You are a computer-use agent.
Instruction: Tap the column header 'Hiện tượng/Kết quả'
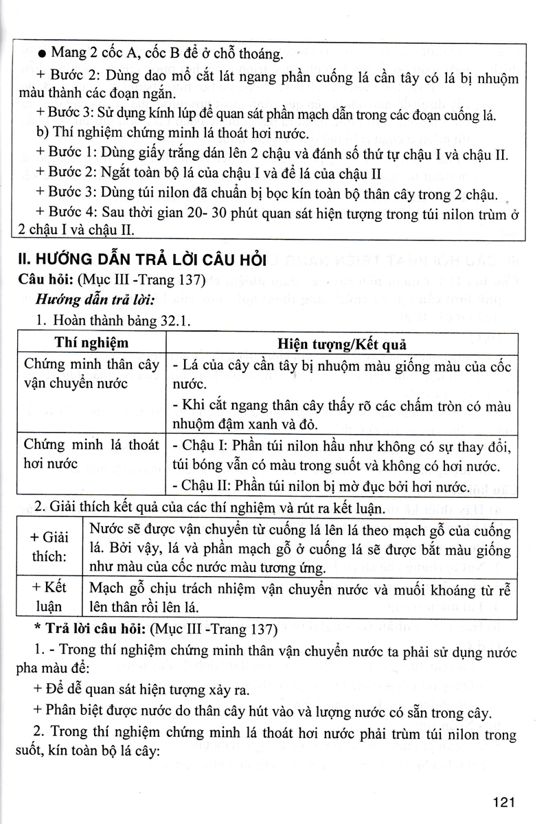tap(341, 343)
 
